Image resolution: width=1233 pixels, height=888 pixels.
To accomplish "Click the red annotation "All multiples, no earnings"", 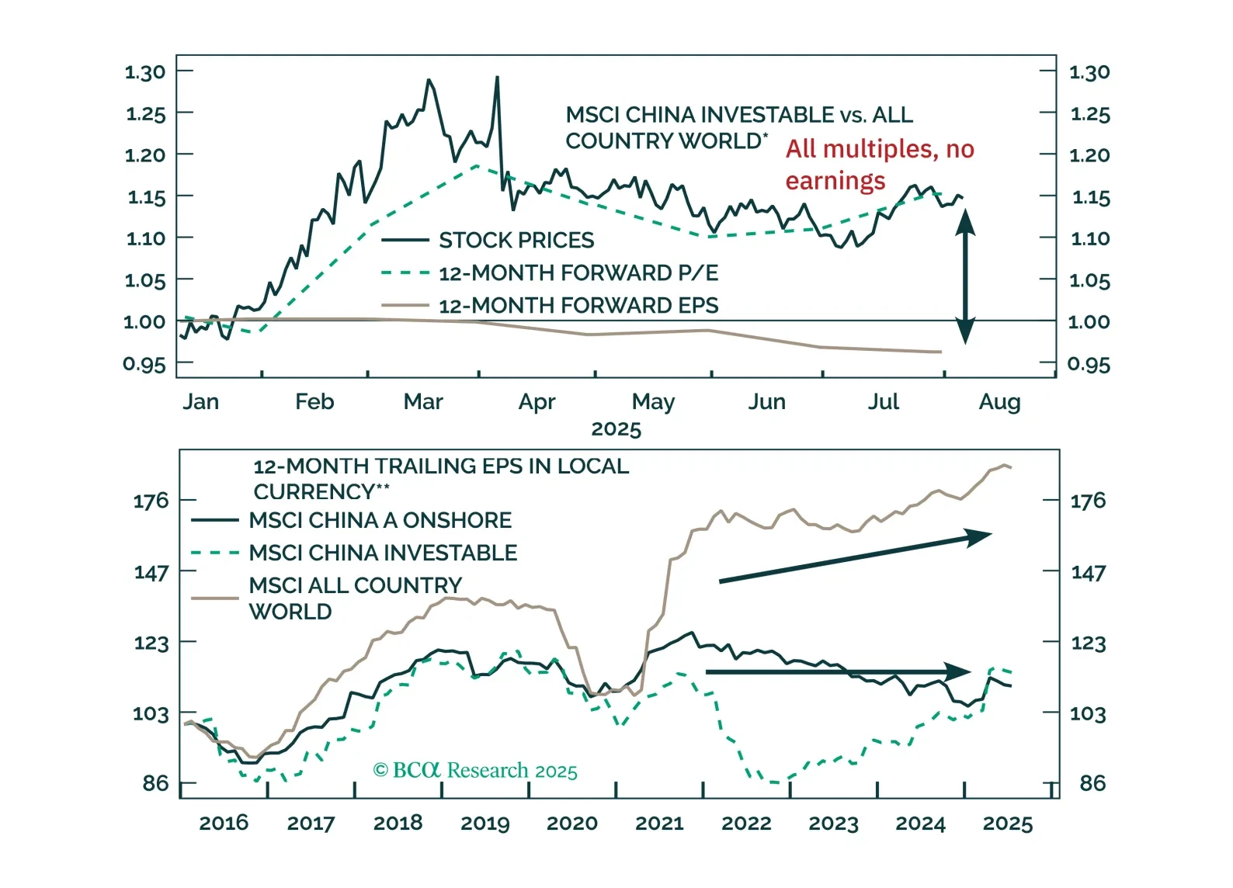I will (x=879, y=165).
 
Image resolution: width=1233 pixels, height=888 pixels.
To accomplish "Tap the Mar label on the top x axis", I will (x=423, y=402).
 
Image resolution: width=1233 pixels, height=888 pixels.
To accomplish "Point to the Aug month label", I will (x=999, y=402).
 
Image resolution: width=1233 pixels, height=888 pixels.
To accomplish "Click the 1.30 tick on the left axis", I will (x=145, y=72).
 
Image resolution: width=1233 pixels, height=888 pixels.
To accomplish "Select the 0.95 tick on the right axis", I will (x=1089, y=364).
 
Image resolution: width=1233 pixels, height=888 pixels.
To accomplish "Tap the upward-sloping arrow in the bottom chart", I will (x=854, y=557).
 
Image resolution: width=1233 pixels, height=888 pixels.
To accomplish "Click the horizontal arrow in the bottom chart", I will (x=839, y=671).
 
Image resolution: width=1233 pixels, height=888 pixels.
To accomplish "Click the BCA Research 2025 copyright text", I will (x=475, y=771).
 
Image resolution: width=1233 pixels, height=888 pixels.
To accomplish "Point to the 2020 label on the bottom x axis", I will (x=572, y=824).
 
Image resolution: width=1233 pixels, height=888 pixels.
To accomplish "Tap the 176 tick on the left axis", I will (x=151, y=501).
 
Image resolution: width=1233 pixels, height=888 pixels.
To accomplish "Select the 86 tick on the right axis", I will (x=1092, y=783).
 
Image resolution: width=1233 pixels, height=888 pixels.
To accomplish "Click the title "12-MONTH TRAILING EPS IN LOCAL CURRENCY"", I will (x=440, y=479).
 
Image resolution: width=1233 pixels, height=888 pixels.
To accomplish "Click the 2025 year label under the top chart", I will (x=616, y=429).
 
